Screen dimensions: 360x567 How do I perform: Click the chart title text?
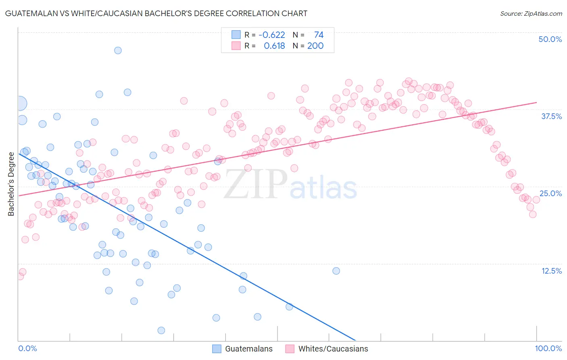tap(156, 13)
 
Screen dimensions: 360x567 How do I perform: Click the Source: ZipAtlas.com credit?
tap(531, 13)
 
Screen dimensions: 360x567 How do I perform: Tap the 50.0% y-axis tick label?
tap(550, 39)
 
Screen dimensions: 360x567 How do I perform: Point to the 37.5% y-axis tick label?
tap(551, 116)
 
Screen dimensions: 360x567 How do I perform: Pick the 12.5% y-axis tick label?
tap(551, 271)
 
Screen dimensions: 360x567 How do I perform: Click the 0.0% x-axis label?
tap(27, 348)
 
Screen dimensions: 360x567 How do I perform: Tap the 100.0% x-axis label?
tap(548, 348)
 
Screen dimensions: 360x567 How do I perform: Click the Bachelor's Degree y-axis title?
tap(11, 184)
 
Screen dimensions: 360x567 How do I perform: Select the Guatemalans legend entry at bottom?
tap(242, 349)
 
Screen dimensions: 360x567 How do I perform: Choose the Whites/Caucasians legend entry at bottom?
tap(327, 349)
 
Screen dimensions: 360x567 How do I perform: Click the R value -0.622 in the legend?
tap(271, 35)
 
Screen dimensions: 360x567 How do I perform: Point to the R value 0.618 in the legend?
tap(274, 46)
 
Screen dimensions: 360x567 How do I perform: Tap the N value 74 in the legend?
tap(319, 35)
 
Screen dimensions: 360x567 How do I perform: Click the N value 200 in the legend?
tap(315, 46)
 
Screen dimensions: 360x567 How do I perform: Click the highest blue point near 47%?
tap(118, 50)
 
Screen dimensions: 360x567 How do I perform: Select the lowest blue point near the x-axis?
tap(161, 331)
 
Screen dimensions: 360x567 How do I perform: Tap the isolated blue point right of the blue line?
tap(336, 271)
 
